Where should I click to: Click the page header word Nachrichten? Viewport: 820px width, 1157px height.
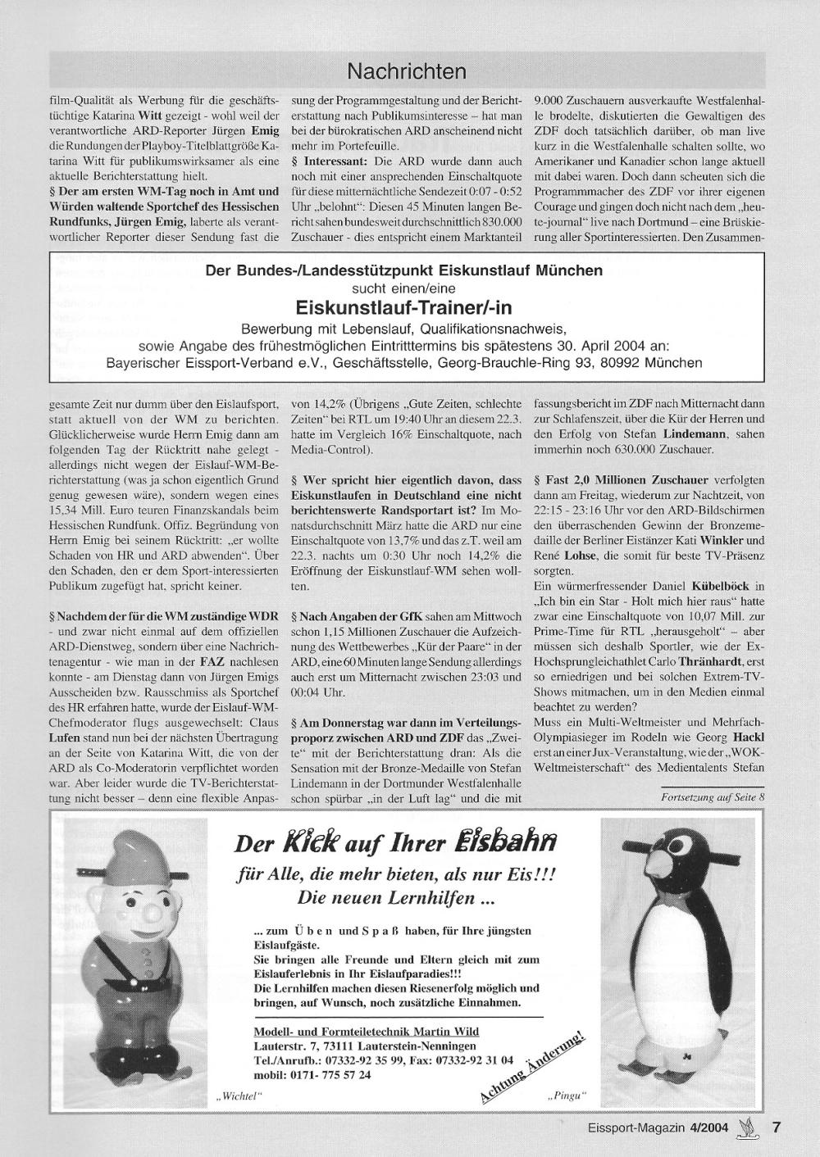(x=407, y=71)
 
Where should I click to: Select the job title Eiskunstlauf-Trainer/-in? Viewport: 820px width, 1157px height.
(x=403, y=307)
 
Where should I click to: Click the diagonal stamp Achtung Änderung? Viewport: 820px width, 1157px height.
(x=534, y=1068)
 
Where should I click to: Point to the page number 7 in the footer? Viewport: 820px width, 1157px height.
(x=775, y=1128)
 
